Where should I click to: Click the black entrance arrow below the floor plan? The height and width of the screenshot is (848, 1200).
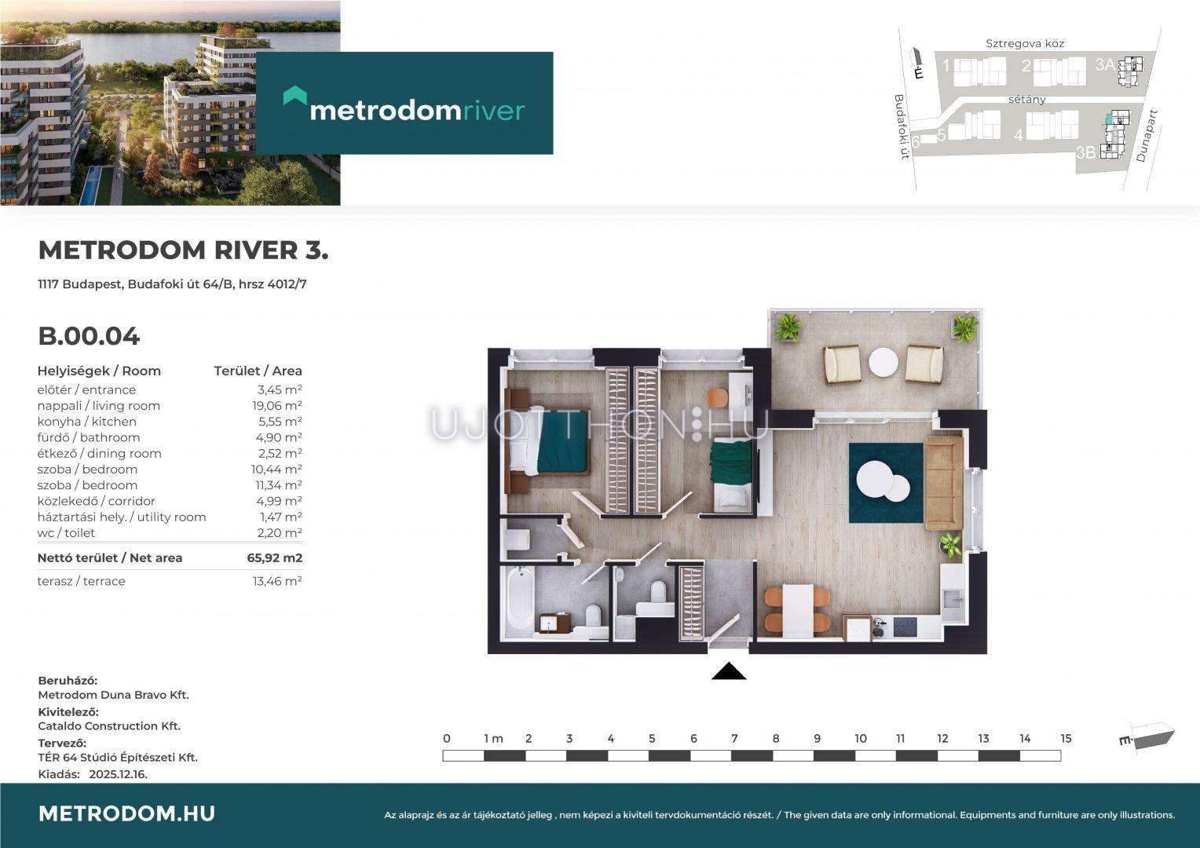[729, 671]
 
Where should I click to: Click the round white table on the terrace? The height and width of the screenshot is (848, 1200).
[884, 362]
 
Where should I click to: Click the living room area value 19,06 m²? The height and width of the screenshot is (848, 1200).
[277, 405]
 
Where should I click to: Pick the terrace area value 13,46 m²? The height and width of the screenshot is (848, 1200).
[277, 581]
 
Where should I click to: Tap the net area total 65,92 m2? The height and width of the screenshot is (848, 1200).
[275, 557]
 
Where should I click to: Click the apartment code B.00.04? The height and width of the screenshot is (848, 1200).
[89, 336]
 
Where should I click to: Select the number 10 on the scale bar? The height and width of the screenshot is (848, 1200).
[861, 739]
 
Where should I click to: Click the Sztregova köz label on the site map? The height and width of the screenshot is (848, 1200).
[1025, 43]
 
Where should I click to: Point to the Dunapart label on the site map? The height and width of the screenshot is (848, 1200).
[1147, 136]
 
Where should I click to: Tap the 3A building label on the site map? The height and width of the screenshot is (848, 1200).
[1105, 65]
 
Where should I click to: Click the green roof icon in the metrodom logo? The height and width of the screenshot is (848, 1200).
[295, 95]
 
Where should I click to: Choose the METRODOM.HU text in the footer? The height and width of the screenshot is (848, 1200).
[126, 813]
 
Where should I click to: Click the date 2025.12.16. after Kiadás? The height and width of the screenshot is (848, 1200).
[118, 774]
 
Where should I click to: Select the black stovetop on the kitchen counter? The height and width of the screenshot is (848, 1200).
[905, 627]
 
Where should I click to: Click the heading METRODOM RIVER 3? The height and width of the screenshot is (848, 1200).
[183, 250]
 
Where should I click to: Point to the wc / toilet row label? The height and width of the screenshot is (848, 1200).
[66, 533]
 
